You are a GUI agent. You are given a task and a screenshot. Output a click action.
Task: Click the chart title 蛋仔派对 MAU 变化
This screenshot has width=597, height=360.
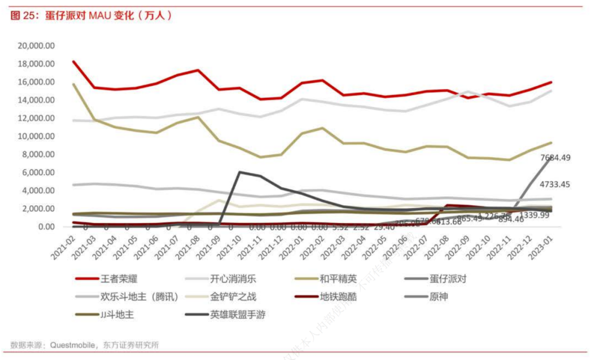pos(91,16)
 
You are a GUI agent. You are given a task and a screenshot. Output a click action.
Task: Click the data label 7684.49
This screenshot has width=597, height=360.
pos(555,158)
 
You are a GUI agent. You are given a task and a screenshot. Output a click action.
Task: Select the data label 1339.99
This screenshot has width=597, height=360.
pos(533,215)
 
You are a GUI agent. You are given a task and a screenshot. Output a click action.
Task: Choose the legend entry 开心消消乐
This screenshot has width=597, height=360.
pos(233,279)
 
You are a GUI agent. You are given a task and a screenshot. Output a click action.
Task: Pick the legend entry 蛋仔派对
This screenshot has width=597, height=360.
pos(448,279)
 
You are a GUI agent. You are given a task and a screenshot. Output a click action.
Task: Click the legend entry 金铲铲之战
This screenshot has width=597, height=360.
pos(233,297)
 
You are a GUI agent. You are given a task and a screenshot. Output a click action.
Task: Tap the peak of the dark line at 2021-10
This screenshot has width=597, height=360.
pos(239,172)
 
